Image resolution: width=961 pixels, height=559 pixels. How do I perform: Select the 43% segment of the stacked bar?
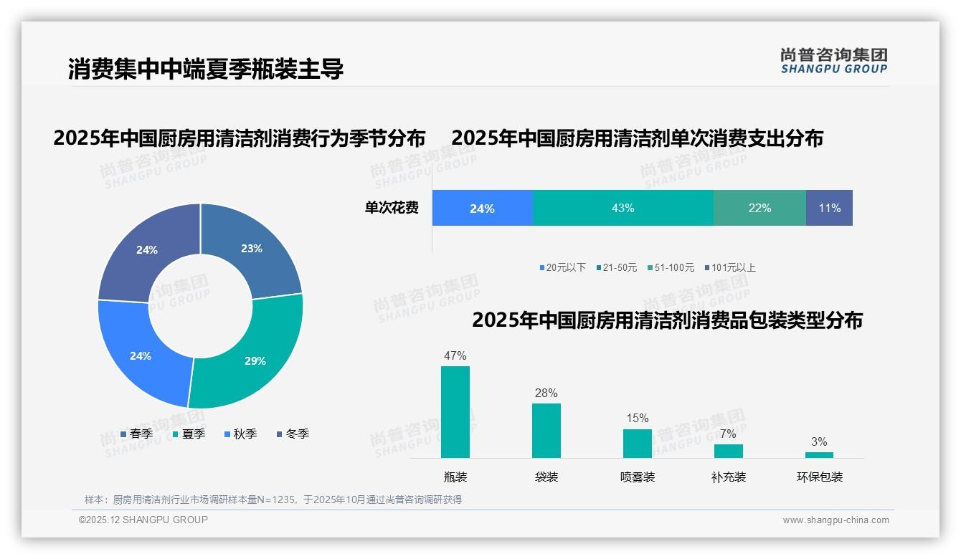click(622, 208)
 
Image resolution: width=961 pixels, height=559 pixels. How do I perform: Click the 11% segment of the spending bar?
click(829, 208)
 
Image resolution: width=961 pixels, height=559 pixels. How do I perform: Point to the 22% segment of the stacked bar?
click(759, 208)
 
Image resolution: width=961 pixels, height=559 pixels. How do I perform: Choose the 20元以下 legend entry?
click(563, 268)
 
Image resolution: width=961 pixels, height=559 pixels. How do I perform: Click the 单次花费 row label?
click(392, 209)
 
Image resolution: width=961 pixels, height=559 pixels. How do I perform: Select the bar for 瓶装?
click(455, 412)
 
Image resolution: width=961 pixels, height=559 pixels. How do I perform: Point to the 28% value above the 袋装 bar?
click(546, 393)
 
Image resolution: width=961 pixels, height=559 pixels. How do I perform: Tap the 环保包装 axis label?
click(820, 477)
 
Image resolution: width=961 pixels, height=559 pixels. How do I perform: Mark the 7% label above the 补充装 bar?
click(728, 434)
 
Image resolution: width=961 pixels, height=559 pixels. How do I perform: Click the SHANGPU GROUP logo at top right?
click(834, 61)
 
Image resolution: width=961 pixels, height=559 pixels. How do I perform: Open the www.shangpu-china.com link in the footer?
click(835, 520)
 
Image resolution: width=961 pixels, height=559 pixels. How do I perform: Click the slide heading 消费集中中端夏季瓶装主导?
click(206, 69)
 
